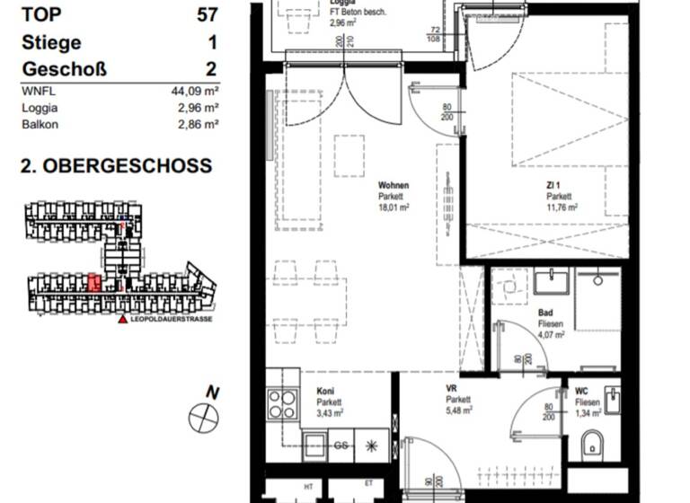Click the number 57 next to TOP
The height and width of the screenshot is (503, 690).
point(207,14)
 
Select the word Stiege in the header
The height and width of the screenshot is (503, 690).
point(51,42)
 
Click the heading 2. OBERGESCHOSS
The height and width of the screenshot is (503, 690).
point(116,166)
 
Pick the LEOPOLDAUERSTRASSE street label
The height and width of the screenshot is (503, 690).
point(171,318)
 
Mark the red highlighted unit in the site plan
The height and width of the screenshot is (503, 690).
point(93,284)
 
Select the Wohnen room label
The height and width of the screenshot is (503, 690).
point(393,186)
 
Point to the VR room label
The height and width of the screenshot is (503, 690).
point(452,389)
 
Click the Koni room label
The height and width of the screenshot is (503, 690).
point(325,392)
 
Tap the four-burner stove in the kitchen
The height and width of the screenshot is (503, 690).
point(285,405)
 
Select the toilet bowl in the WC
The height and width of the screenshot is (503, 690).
point(593,445)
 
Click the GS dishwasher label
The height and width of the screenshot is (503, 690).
point(341,445)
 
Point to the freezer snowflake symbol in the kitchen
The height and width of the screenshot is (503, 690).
point(373,445)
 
